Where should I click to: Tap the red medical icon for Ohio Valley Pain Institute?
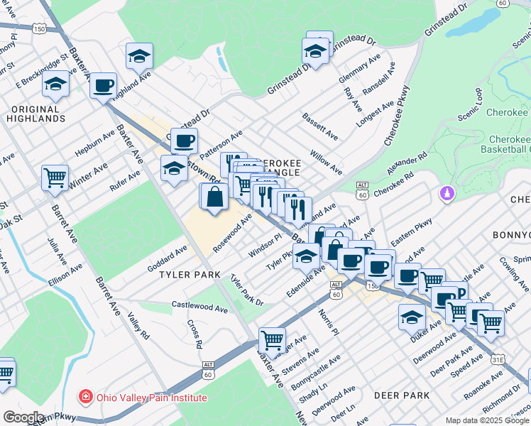tap(85, 397)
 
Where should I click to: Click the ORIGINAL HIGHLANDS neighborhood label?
tap(34, 114)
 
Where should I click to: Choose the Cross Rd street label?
tap(194, 334)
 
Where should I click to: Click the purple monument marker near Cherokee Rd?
tap(447, 192)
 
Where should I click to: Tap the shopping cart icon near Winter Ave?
tap(55, 177)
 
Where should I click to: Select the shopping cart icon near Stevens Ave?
tap(272, 339)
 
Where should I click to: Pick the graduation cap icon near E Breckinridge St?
tap(55, 84)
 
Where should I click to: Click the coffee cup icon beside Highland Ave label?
tap(104, 86)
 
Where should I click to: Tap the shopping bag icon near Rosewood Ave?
tap(214, 197)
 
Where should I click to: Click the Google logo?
tap(24, 417)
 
